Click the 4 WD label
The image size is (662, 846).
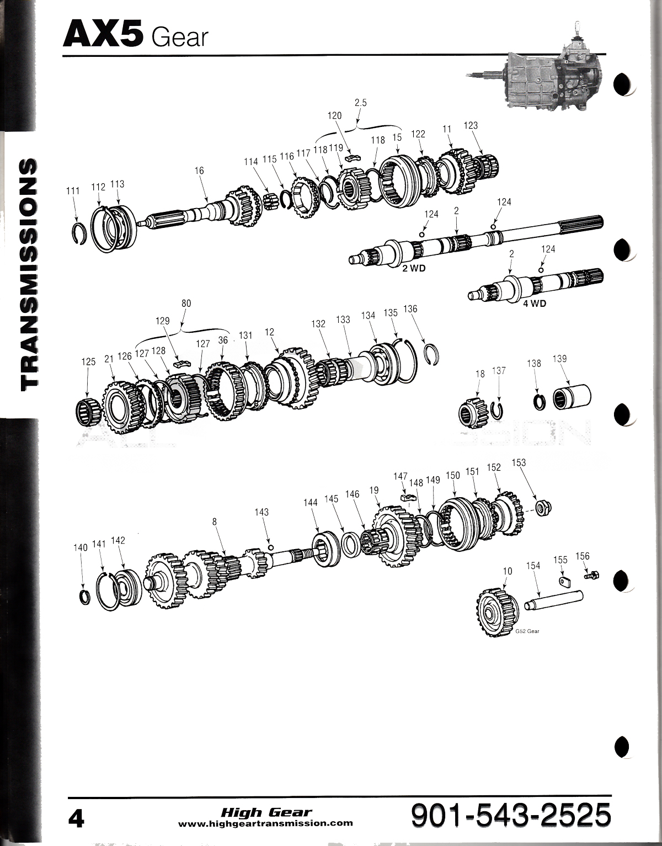pos(534,303)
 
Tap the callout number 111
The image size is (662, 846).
pos(72,191)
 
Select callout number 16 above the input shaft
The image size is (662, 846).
pos(199,171)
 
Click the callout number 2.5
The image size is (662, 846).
pos(361,102)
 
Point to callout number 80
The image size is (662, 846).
pos(186,303)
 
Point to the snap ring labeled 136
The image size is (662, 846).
pos(434,354)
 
